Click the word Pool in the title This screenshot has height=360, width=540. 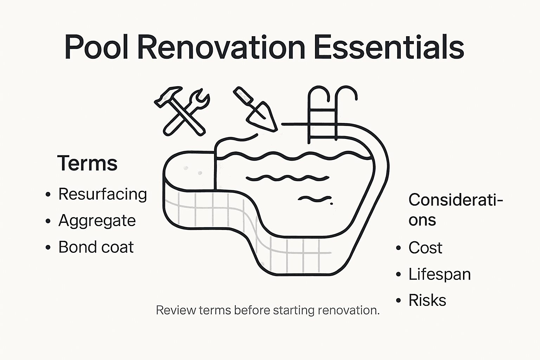pyautogui.click(x=96, y=47)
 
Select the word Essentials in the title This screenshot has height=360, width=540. pyautogui.click(x=388, y=47)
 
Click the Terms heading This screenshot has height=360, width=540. pyautogui.click(x=87, y=163)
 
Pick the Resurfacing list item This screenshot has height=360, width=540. pyautogui.click(x=102, y=194)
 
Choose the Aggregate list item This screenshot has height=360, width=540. pyautogui.click(x=97, y=221)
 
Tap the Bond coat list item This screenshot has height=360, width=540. pyautogui.click(x=96, y=247)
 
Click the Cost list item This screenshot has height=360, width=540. pyautogui.click(x=425, y=248)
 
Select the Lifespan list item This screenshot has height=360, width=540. pyautogui.click(x=439, y=274)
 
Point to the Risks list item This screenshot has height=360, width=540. pyautogui.click(x=427, y=301)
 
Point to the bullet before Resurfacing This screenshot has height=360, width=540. pyautogui.click(x=48, y=195)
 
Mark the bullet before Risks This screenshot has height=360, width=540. pyautogui.click(x=398, y=301)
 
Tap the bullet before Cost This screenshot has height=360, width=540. pyautogui.click(x=398, y=248)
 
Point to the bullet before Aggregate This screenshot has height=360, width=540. pyautogui.click(x=48, y=221)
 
